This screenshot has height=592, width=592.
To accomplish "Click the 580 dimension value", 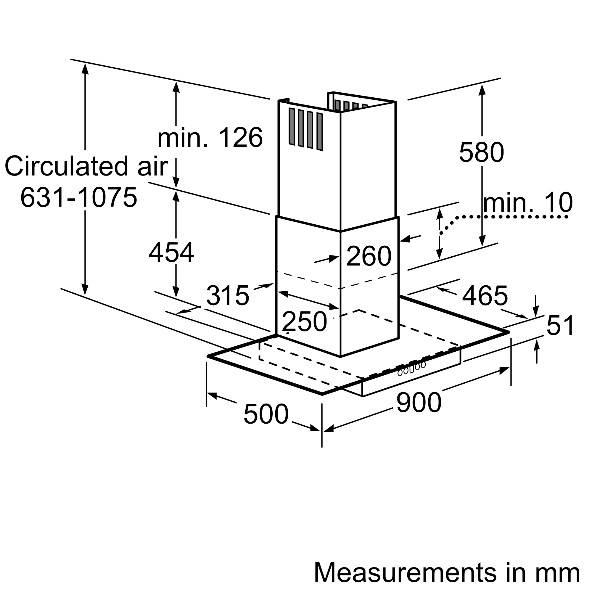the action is (x=481, y=152).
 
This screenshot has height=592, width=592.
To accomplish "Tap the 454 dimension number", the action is (x=171, y=252).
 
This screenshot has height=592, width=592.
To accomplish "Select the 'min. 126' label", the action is (x=210, y=138).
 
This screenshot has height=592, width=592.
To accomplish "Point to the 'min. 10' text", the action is (x=528, y=202).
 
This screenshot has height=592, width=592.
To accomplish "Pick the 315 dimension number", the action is (x=228, y=295).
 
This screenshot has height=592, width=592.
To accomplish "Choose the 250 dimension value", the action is (x=304, y=321).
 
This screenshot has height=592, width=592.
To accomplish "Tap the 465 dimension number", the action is (x=485, y=296).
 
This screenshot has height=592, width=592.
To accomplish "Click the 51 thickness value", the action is (x=560, y=325).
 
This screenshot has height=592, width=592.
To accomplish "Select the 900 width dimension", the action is (x=419, y=402).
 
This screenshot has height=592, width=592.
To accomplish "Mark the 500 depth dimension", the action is (x=266, y=414).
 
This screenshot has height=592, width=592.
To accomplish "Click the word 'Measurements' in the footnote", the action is (x=406, y=572).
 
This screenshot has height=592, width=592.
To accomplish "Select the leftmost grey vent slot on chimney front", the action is (x=292, y=126).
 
